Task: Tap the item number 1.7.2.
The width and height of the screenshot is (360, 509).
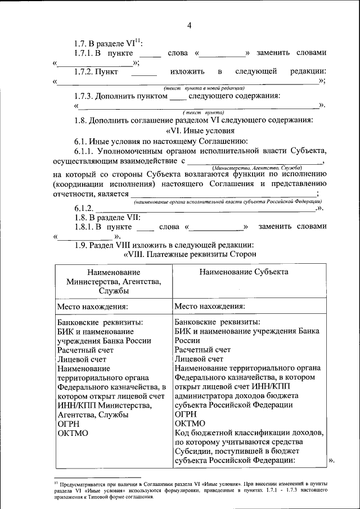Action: pos(83,72)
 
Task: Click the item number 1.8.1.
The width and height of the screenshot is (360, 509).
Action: pos(83,226)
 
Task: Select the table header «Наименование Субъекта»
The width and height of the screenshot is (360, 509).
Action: pos(244,272)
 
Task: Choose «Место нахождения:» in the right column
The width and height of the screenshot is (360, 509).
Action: pos(209,307)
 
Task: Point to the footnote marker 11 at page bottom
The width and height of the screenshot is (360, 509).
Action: pos(56,482)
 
